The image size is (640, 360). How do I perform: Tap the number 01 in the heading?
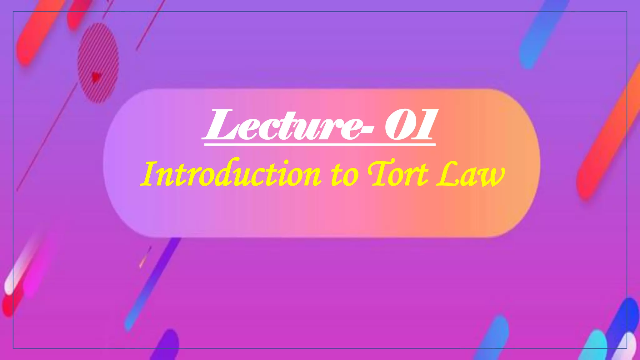(x=409, y=125)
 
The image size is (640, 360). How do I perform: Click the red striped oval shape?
(x=98, y=62)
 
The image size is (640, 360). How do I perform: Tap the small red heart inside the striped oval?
(x=96, y=76)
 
